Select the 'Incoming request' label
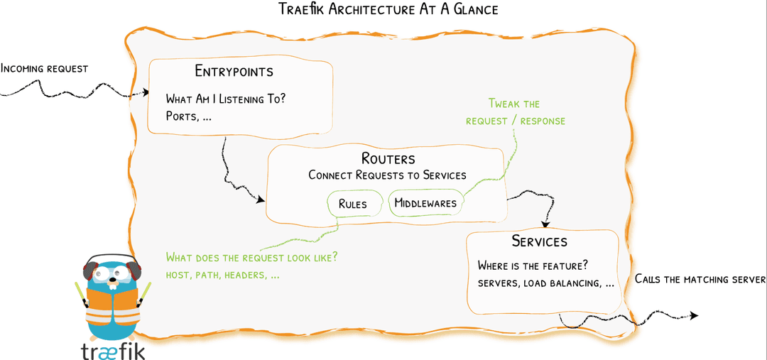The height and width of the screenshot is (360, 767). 44,69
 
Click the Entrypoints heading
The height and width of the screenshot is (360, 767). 234,72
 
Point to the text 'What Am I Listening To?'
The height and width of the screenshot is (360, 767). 226,99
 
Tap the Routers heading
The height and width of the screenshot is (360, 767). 387,159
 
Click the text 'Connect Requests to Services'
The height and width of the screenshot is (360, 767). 387,175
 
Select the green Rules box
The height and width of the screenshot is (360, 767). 352,204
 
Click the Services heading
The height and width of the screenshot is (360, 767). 540,241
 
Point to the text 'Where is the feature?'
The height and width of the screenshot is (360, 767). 533,266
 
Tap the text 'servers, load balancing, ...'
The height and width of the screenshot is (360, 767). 545,283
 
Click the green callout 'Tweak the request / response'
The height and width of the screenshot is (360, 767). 515,112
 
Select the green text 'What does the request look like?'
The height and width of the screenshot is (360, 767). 251,257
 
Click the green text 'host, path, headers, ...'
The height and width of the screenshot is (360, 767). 222,274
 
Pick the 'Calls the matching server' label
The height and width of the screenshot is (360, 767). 700,279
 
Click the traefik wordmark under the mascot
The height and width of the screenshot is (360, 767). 112,350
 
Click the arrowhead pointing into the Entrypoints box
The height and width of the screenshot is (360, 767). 146,92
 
